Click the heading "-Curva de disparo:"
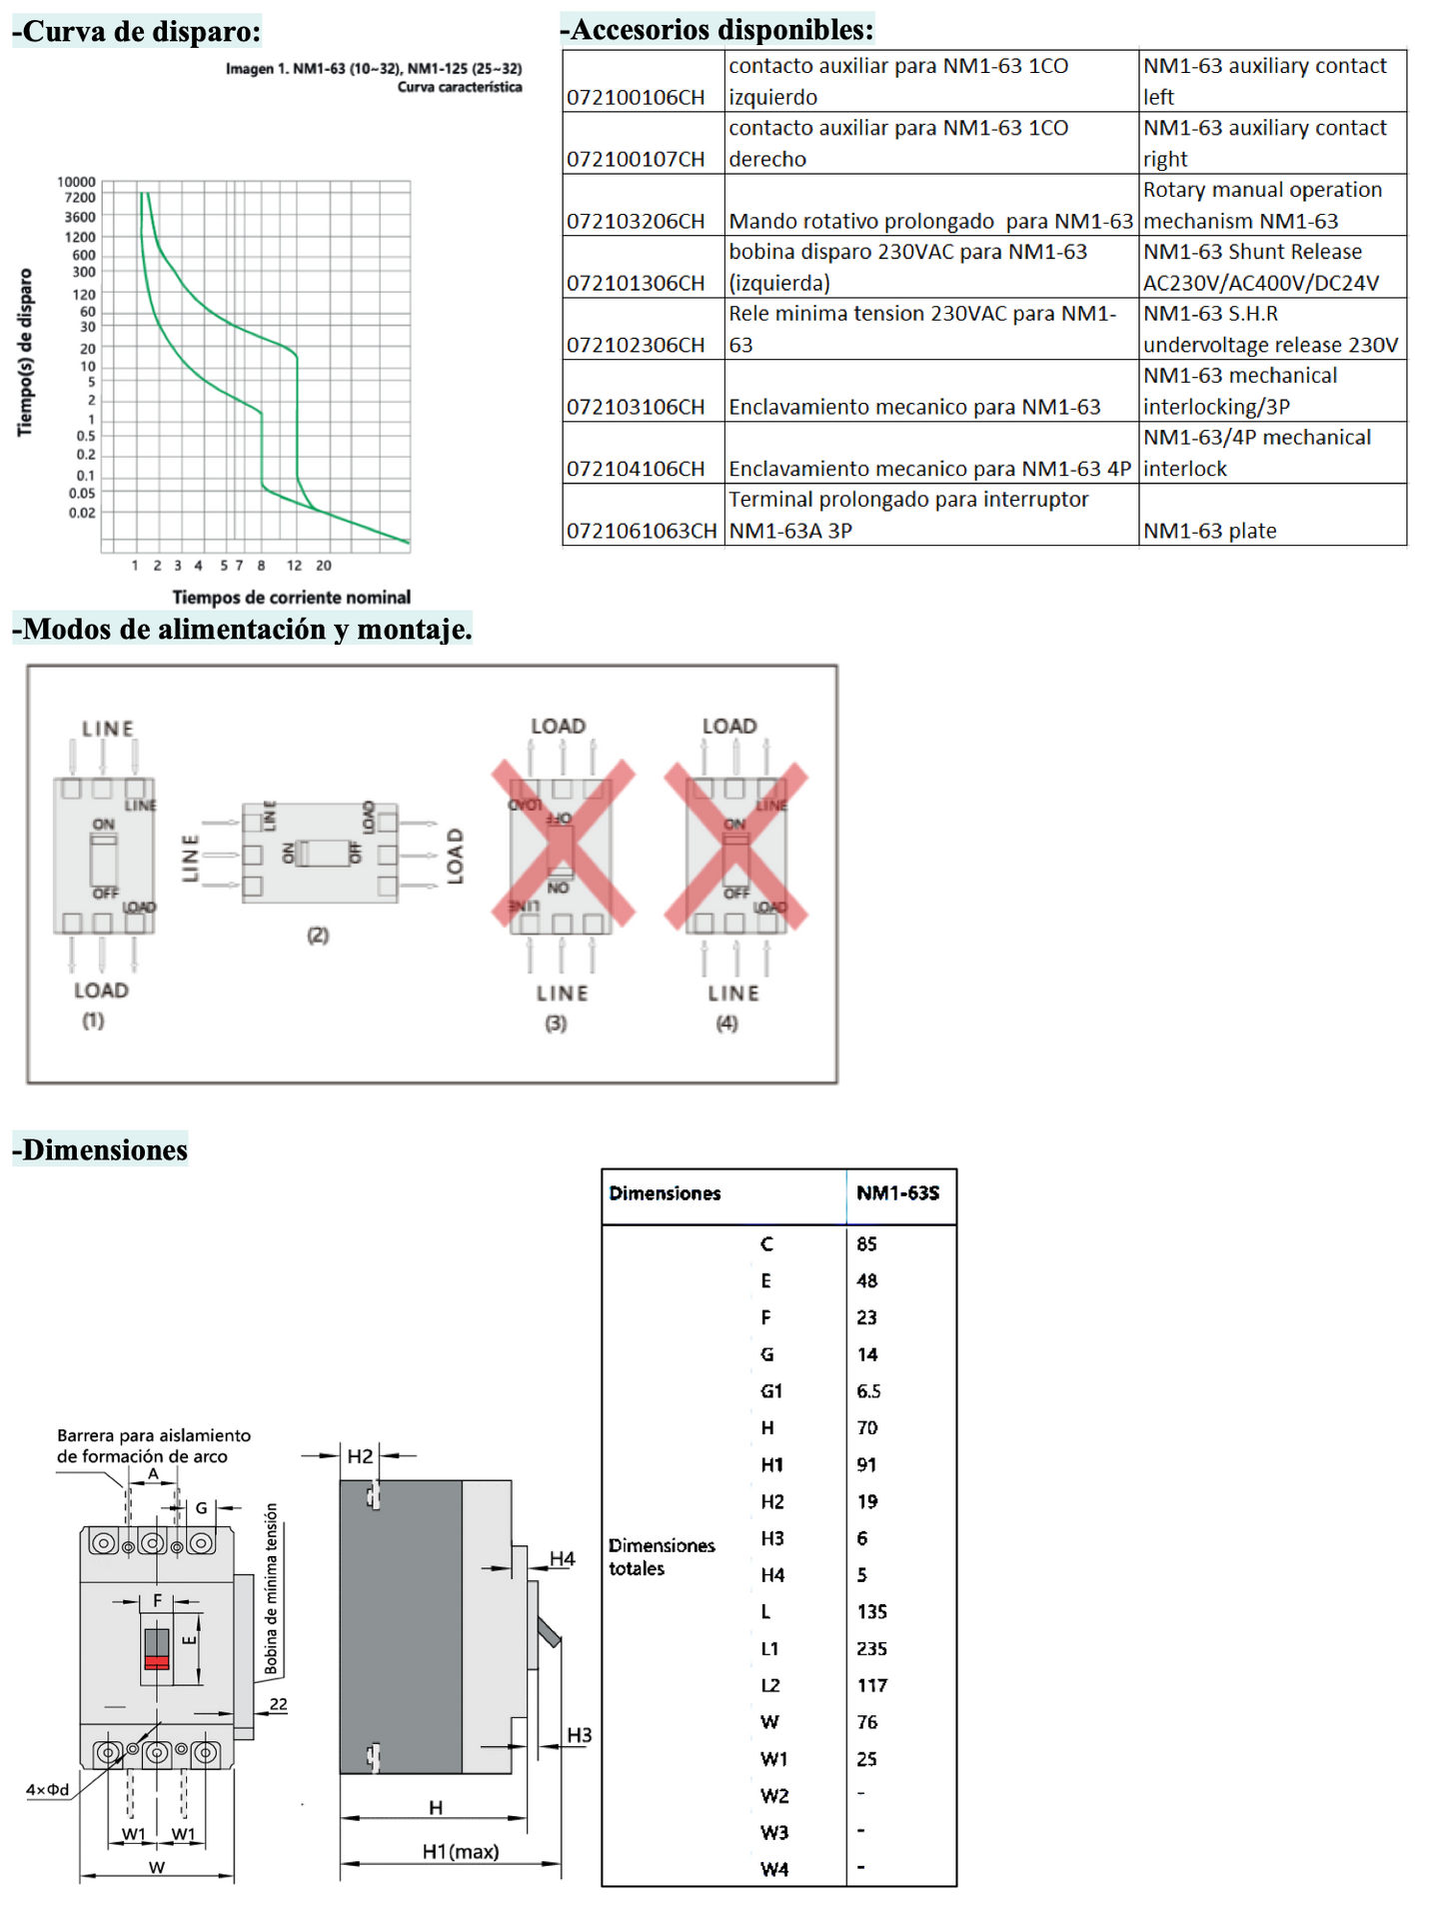pyautogui.click(x=137, y=31)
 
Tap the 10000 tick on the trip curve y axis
pyautogui.click(x=77, y=182)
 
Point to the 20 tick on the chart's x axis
pyautogui.click(x=324, y=566)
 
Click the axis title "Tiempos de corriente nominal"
pyautogui.click(x=291, y=598)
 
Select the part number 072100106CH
pyautogui.click(x=636, y=97)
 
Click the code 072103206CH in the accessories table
pyautogui.click(x=636, y=221)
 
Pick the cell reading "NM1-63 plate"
pyautogui.click(x=1209, y=531)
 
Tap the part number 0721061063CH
pyautogui.click(x=642, y=531)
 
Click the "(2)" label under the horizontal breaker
pyautogui.click(x=318, y=936)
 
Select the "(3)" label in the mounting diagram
pyautogui.click(x=556, y=1023)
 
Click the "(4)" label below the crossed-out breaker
pyautogui.click(x=726, y=1023)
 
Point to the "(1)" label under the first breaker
pyautogui.click(x=93, y=1020)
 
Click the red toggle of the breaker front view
pyautogui.click(x=157, y=1662)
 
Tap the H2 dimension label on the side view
pyautogui.click(x=360, y=1456)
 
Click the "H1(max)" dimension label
pyautogui.click(x=460, y=1852)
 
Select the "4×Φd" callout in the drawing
pyautogui.click(x=48, y=1789)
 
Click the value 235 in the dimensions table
pyautogui.click(x=871, y=1648)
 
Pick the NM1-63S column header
pyautogui.click(x=897, y=1193)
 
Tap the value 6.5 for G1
pyautogui.click(x=868, y=1391)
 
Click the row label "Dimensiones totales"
pyautogui.click(x=662, y=1556)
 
